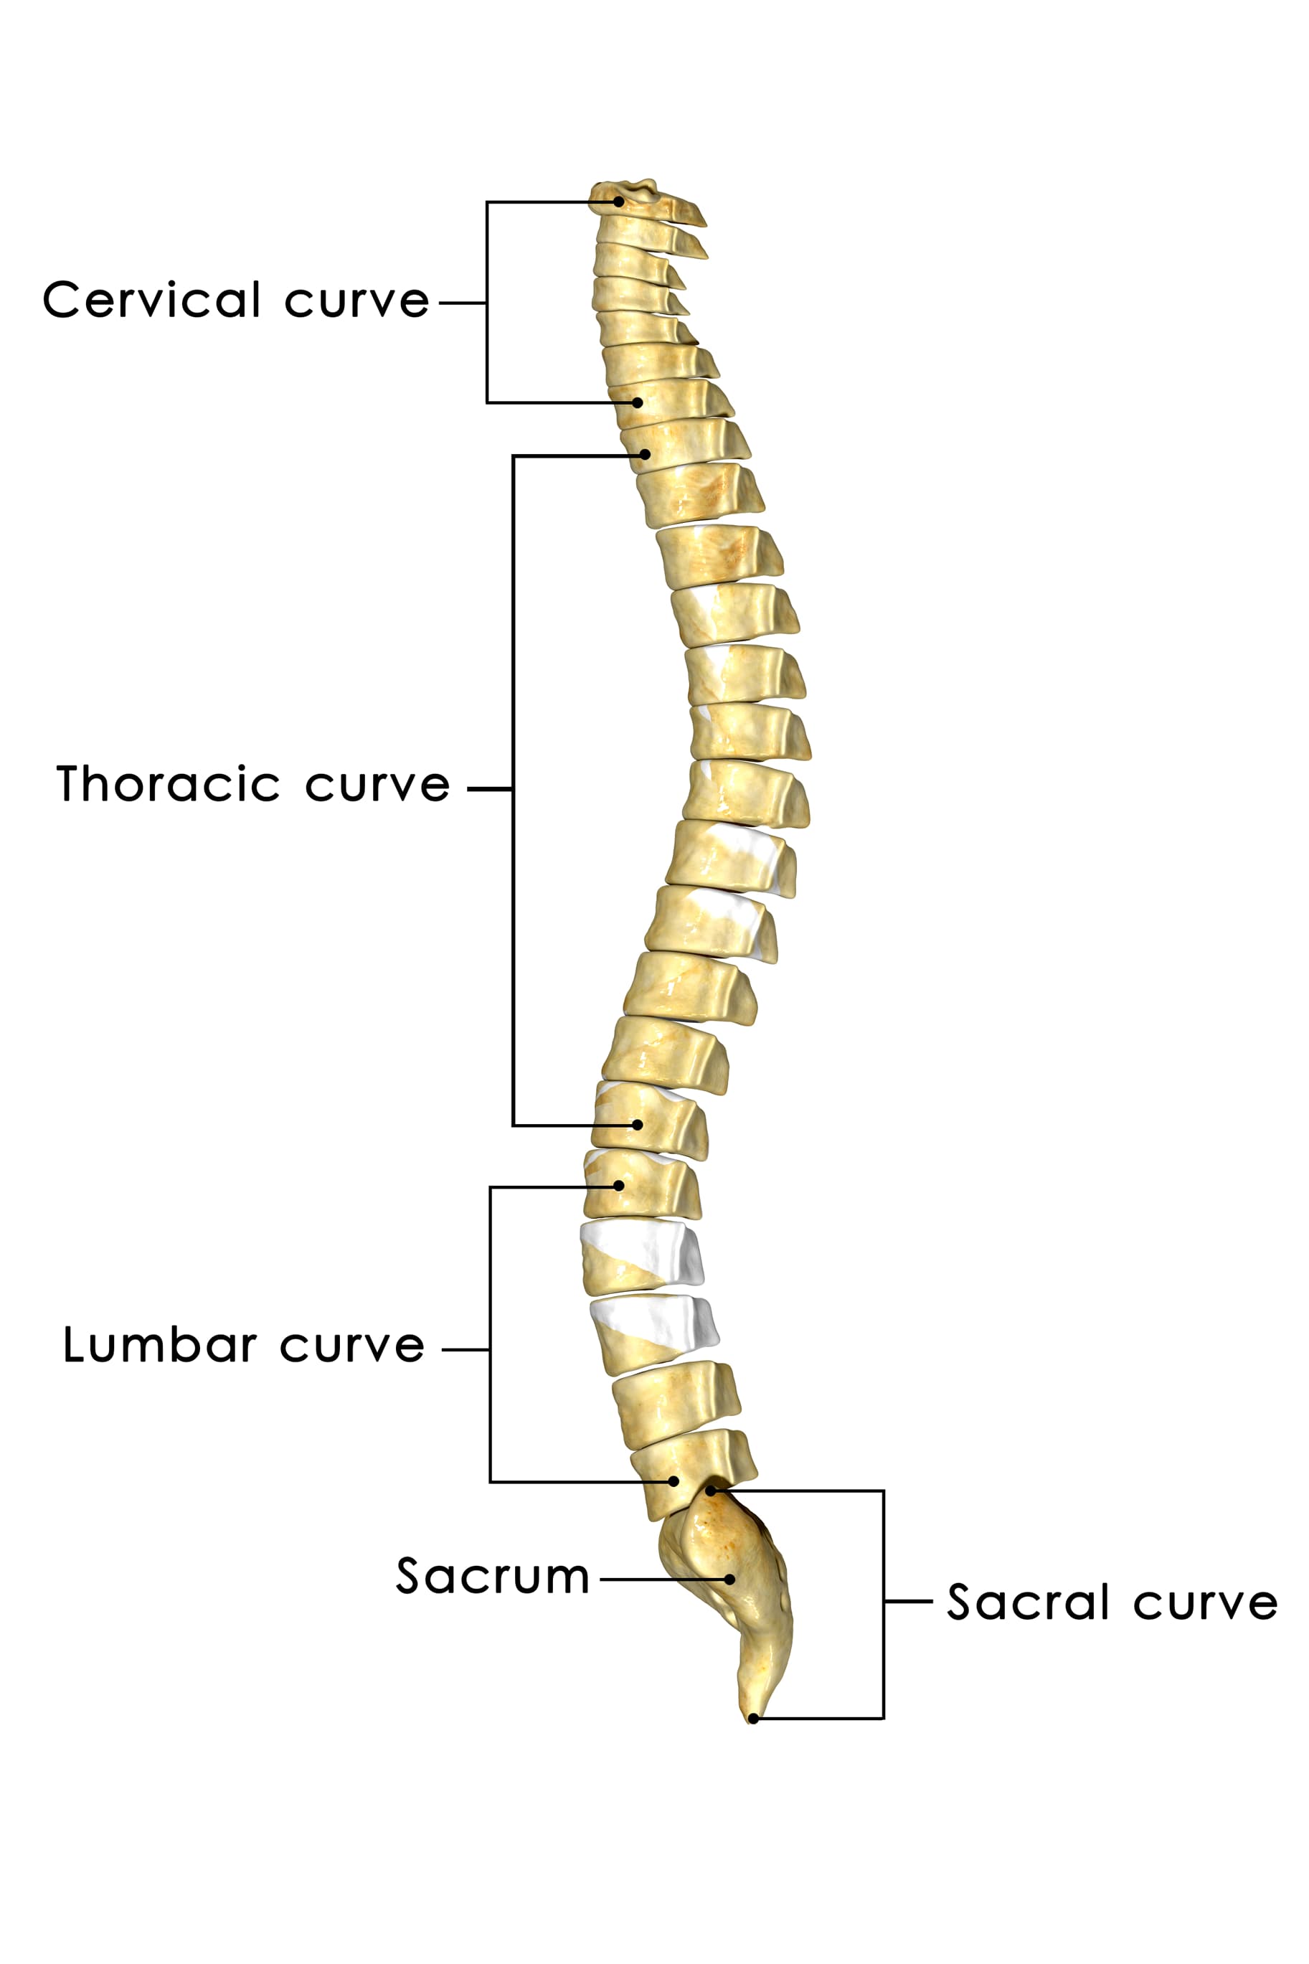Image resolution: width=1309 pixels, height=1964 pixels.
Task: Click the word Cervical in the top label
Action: tap(152, 300)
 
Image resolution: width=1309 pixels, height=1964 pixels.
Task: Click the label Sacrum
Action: tap(493, 1577)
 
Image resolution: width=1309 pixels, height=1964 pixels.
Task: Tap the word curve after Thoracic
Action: tap(377, 786)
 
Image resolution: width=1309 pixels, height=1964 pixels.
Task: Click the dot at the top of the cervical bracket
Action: tap(618, 201)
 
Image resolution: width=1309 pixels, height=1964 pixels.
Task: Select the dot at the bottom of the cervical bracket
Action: tap(637, 402)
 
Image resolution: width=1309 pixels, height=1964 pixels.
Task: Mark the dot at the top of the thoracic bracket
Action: tap(645, 455)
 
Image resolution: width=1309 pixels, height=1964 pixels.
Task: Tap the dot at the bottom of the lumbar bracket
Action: tap(674, 1481)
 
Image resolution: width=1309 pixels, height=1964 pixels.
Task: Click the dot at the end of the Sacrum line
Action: tap(729, 1580)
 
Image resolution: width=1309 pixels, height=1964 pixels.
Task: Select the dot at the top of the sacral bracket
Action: tap(712, 1491)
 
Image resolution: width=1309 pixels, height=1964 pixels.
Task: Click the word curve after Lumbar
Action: tap(352, 1347)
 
